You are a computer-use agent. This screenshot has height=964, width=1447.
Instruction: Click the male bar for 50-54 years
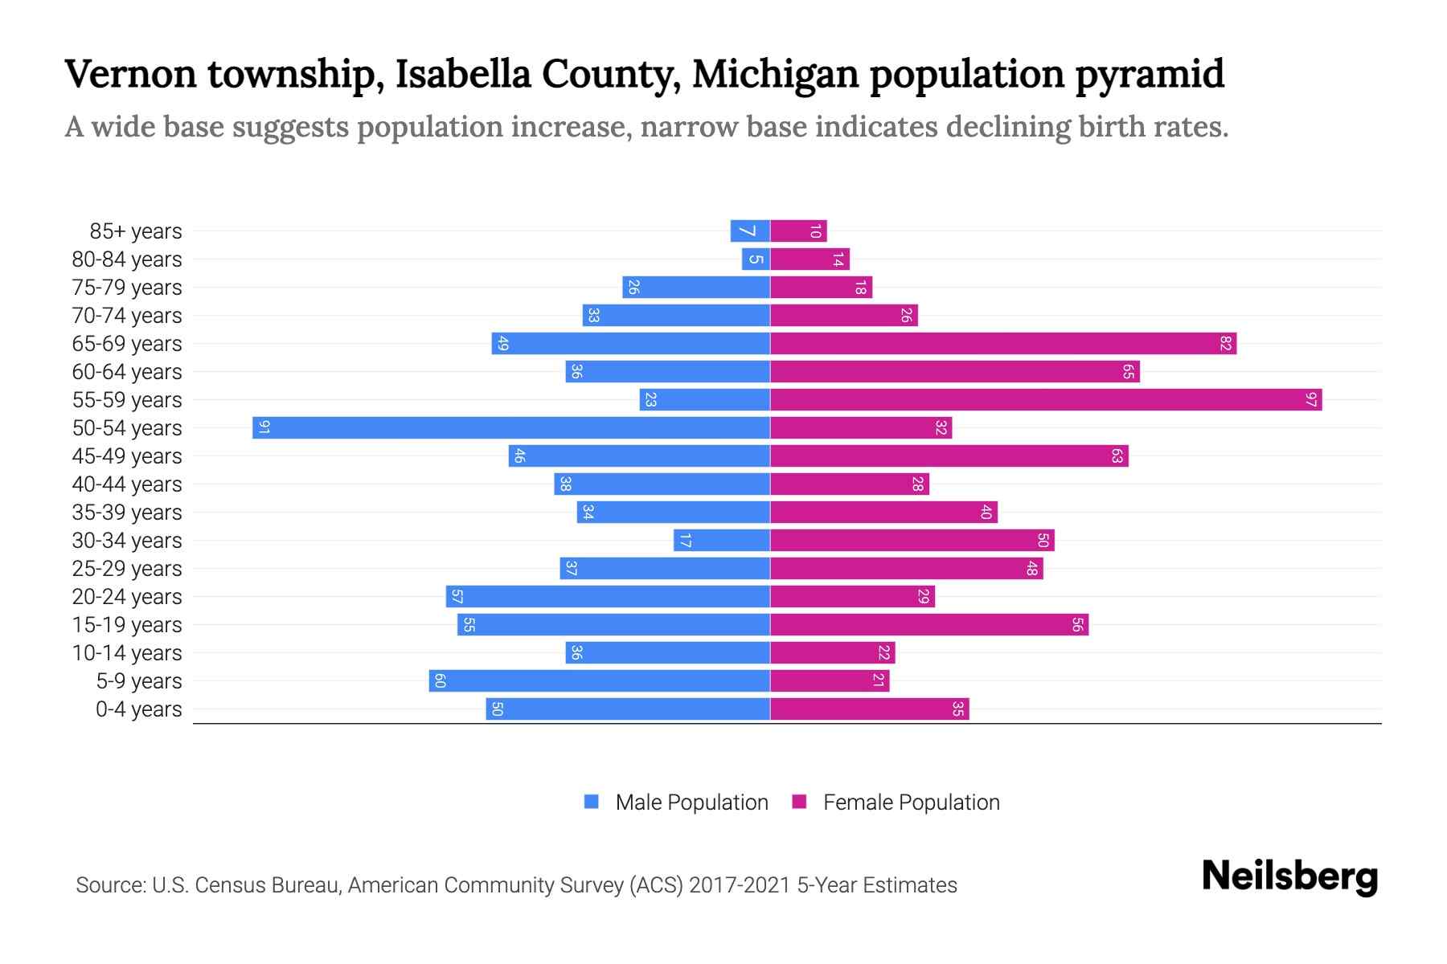[511, 427]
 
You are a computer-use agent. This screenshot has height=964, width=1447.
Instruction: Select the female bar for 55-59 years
[1045, 399]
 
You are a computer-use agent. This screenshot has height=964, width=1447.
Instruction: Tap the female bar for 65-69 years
[1002, 343]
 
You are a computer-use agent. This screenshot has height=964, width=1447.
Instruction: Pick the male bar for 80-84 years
[756, 259]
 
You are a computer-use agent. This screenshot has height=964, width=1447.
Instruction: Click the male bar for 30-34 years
[721, 540]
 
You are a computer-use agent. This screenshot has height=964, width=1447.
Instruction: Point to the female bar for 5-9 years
[830, 680]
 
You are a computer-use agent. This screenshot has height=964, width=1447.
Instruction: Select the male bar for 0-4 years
[627, 709]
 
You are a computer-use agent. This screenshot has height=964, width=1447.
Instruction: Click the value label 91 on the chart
[264, 427]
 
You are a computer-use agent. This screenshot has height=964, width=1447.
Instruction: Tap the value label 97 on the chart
[1311, 399]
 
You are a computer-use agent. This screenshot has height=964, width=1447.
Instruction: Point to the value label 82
[1225, 343]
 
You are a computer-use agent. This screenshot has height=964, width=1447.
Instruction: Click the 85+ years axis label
[136, 231]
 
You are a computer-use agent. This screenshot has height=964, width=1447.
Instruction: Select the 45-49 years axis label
[127, 456]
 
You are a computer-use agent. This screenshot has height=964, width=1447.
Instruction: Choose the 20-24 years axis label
[127, 597]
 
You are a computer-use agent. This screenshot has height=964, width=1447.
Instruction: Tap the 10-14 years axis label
[127, 653]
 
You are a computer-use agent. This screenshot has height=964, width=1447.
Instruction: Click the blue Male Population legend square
[592, 802]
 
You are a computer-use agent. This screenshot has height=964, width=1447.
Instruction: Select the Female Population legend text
[911, 802]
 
